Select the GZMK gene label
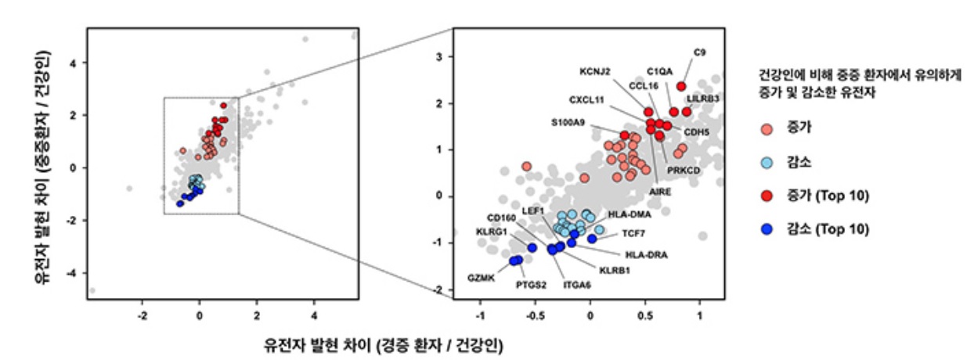[x=481, y=278]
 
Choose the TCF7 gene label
[x=633, y=233]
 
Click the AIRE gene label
[x=660, y=190]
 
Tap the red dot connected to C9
[x=681, y=86]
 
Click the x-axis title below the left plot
[x=384, y=344]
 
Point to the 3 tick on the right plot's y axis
[x=440, y=57]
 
